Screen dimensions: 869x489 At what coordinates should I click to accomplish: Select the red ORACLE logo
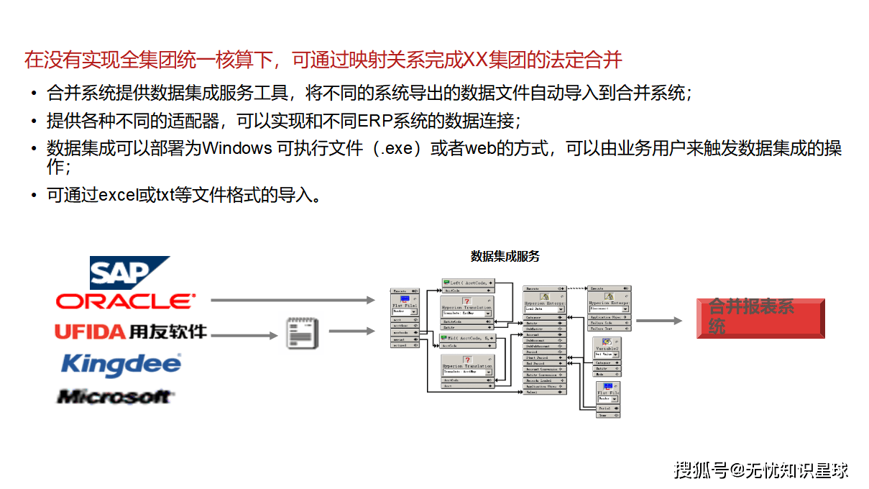(125, 301)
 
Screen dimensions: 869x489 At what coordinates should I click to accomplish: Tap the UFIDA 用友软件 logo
(130, 332)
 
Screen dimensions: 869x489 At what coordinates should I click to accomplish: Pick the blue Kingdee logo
(121, 364)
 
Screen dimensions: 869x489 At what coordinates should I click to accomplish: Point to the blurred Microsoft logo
(115, 396)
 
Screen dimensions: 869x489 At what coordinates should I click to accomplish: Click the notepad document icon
(301, 333)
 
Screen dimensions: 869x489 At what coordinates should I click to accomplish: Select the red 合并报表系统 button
(760, 319)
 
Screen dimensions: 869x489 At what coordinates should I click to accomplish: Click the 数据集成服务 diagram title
(505, 256)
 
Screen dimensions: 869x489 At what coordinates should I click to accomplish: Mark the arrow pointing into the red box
(658, 321)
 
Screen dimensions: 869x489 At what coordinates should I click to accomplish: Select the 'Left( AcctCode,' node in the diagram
(468, 283)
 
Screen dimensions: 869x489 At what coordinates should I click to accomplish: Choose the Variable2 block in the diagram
(607, 348)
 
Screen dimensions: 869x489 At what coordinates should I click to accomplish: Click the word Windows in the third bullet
(237, 149)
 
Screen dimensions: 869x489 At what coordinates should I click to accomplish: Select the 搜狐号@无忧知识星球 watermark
(761, 470)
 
